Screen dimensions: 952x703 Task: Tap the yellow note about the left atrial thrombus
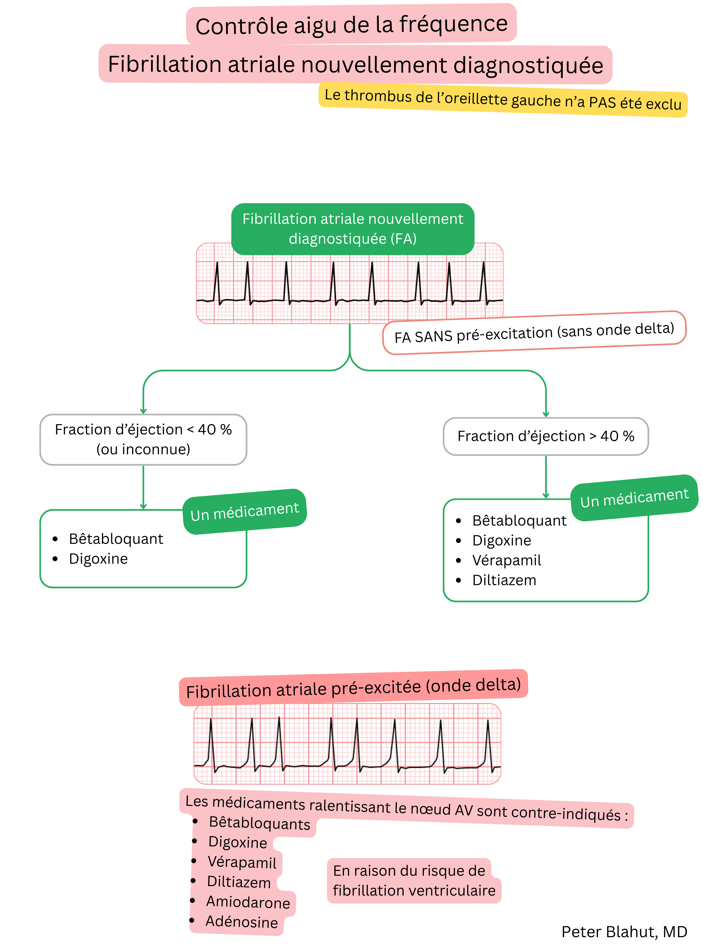[503, 100]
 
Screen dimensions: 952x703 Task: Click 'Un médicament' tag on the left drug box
[245, 511]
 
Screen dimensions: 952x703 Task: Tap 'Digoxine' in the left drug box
[98, 559]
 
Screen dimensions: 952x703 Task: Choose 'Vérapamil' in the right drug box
[506, 560]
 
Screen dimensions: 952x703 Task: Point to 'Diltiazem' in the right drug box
[504, 580]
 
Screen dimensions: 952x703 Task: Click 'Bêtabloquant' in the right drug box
[519, 520]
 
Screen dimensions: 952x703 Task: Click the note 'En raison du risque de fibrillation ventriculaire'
[414, 880]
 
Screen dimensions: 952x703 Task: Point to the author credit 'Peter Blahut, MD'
[624, 932]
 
